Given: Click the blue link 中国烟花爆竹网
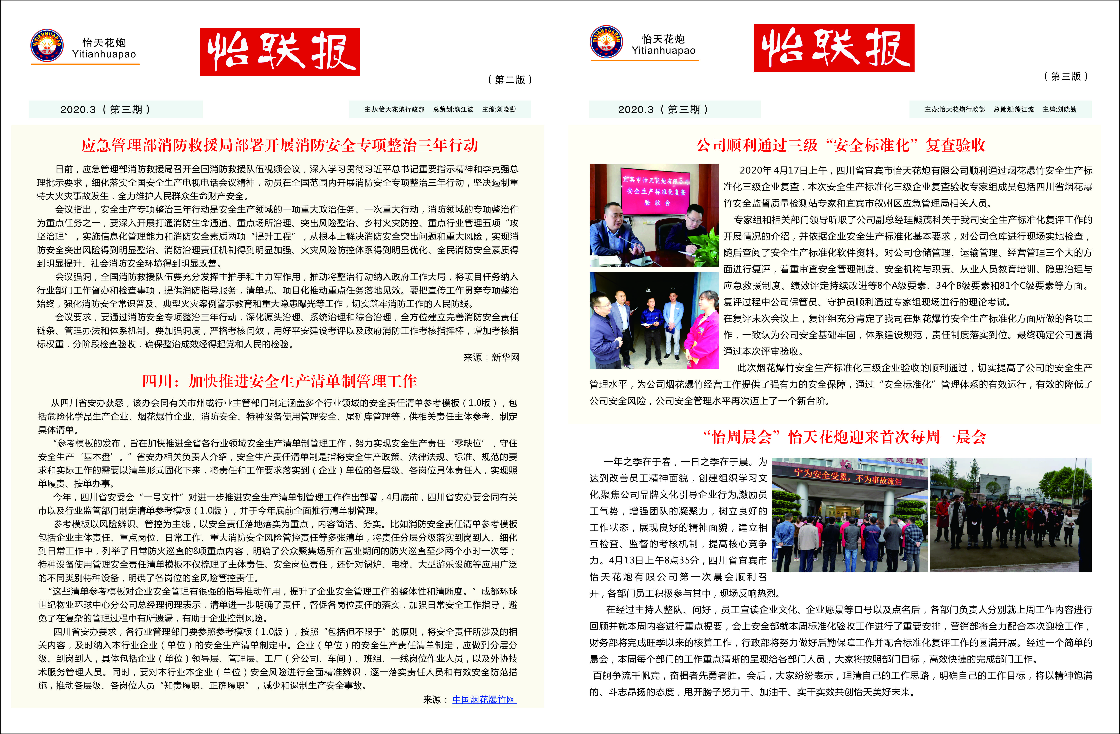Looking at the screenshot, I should pos(484,700).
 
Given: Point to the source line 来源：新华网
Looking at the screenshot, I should pos(491,357).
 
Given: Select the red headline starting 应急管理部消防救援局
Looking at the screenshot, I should pos(280,145).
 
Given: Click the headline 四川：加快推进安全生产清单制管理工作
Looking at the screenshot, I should pos(280,381).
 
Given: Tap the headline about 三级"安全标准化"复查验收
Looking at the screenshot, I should pos(841,145).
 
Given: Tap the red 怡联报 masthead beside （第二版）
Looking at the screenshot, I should pos(280,52).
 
